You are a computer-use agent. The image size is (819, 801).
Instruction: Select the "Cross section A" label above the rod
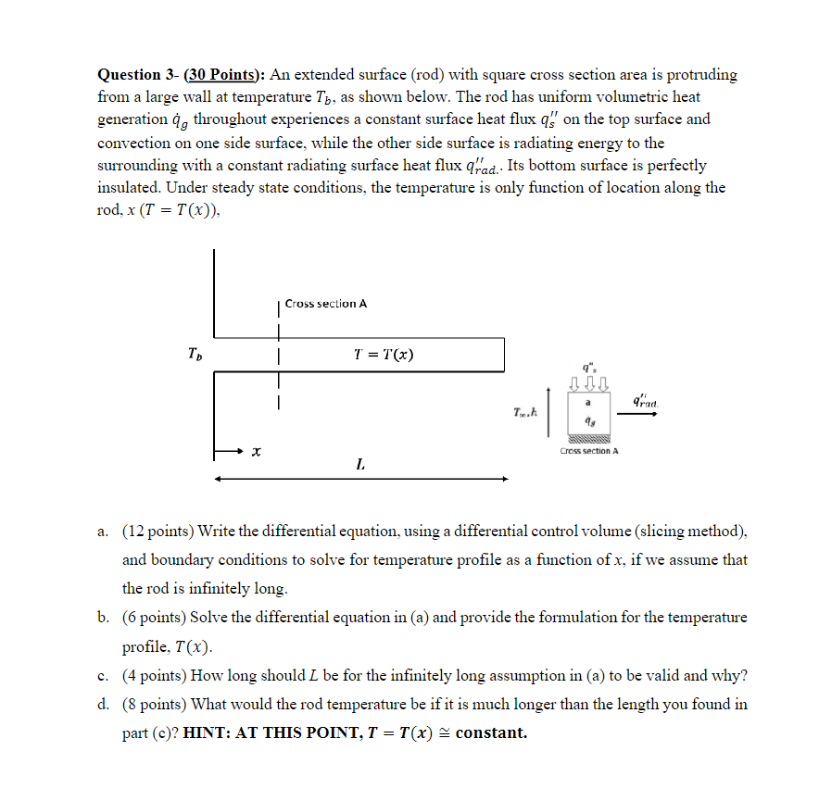click(326, 304)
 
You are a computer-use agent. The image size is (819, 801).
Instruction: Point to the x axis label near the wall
click(255, 452)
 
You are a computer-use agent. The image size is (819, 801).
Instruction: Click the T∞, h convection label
click(525, 411)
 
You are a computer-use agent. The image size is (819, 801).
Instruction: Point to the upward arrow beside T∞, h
click(549, 411)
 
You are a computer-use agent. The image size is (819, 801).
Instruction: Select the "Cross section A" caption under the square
click(589, 451)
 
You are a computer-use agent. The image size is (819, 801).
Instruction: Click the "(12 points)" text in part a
click(157, 531)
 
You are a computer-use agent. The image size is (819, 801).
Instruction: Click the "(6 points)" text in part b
click(154, 618)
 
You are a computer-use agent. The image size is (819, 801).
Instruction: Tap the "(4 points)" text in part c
click(154, 675)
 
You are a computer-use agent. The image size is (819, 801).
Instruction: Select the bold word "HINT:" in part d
click(209, 732)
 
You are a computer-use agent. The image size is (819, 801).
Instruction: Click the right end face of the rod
click(505, 355)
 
